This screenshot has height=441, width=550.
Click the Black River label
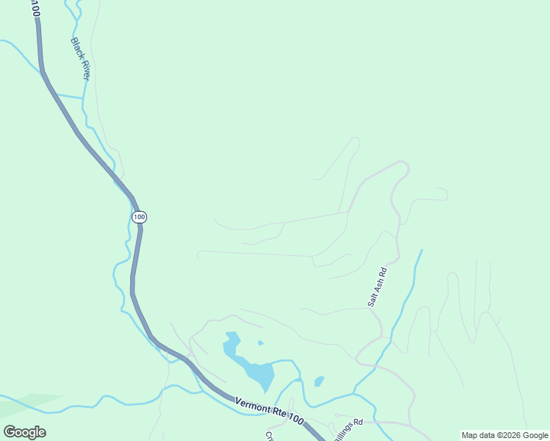(80, 60)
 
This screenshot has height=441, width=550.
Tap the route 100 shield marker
(140, 217)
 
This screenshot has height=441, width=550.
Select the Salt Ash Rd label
(377, 287)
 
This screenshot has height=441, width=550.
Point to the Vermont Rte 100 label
(269, 409)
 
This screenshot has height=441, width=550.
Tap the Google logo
(24, 432)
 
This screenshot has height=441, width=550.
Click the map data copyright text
(504, 435)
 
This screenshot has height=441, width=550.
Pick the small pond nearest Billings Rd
(318, 381)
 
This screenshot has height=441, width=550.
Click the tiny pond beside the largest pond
(260, 343)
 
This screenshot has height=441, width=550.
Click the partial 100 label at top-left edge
(35, 8)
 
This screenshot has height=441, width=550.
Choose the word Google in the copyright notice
(531, 435)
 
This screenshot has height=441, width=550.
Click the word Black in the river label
(76, 48)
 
